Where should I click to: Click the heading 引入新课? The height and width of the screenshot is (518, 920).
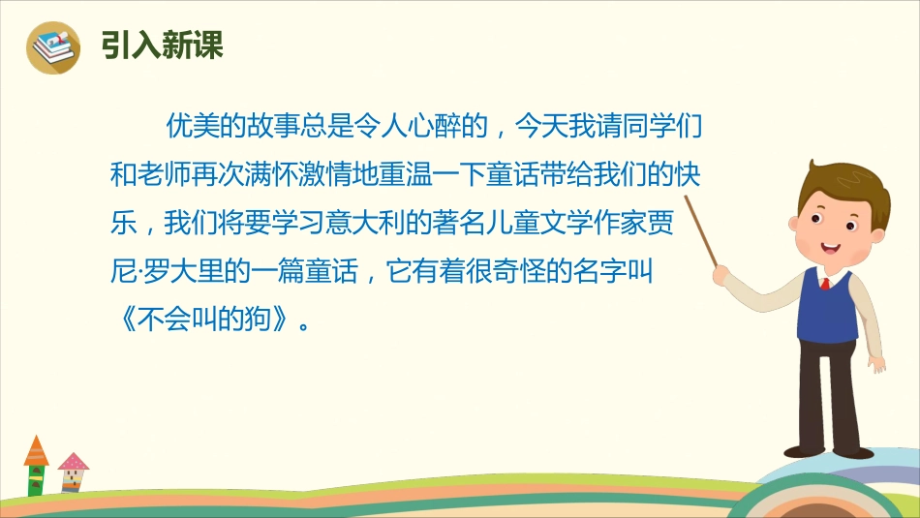tap(162, 46)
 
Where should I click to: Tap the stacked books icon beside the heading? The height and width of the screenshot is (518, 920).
tap(53, 46)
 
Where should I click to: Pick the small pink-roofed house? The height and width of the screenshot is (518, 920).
tap(73, 471)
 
